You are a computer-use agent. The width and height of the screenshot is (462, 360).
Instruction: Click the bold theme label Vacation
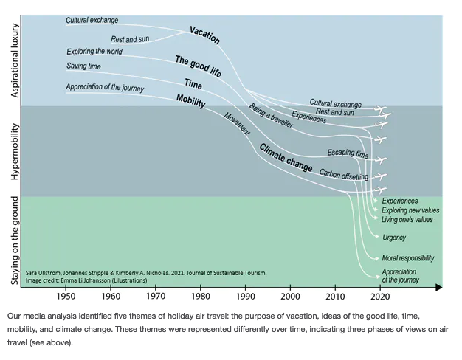pyautogui.click(x=204, y=34)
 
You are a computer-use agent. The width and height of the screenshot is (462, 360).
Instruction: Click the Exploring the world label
pyautogui.click(x=94, y=52)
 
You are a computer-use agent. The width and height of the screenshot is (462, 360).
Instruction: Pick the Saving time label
pyautogui.click(x=83, y=66)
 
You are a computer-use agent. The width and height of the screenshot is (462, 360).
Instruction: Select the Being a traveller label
pyautogui.click(x=271, y=117)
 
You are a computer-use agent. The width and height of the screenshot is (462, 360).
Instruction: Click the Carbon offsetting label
pyautogui.click(x=343, y=176)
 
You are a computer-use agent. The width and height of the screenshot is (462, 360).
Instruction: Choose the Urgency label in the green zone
pyautogui.click(x=394, y=238)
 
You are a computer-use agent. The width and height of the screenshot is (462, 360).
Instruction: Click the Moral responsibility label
pyautogui.click(x=408, y=258)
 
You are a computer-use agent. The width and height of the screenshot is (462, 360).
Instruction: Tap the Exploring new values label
pyautogui.click(x=411, y=210)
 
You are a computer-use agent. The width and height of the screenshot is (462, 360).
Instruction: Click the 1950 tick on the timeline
pyautogui.click(x=66, y=297)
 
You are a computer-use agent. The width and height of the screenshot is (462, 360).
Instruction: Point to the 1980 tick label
pyautogui.click(x=201, y=297)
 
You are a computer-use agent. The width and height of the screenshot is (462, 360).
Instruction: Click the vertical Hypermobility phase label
pyautogui.click(x=16, y=150)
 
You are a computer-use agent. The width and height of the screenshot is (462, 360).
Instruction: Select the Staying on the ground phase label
pyautogui.click(x=16, y=240)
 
